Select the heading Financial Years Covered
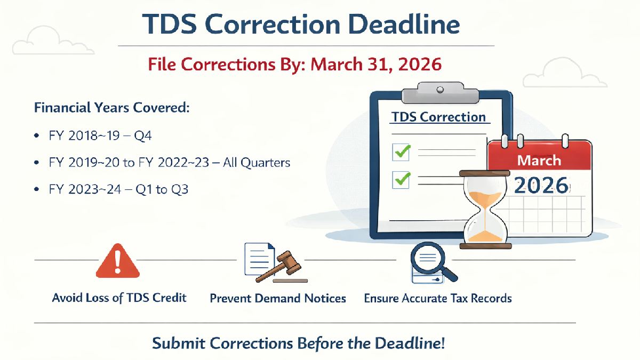click(112, 108)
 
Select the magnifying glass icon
click(434, 263)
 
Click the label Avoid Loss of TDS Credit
click(119, 298)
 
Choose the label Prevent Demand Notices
click(278, 298)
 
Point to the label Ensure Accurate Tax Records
click(437, 298)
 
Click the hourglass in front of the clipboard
click(485, 209)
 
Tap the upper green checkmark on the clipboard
click(401, 152)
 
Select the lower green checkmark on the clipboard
click(401, 179)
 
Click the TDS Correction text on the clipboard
click(438, 117)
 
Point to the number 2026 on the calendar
click(541, 185)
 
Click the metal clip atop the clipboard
click(441, 92)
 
